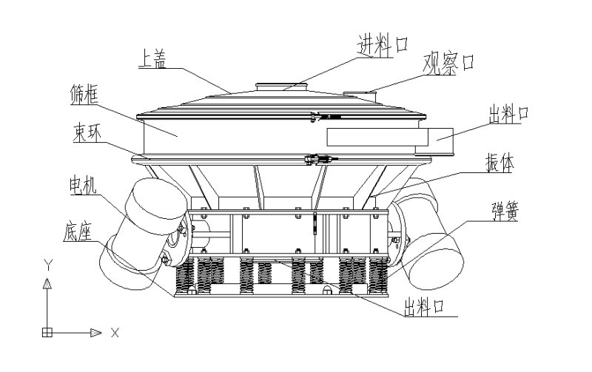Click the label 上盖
pyautogui.click(x=152, y=58)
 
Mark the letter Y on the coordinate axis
pyautogui.click(x=47, y=264)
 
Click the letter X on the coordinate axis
pyautogui.click(x=115, y=333)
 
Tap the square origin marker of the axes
pyautogui.click(x=47, y=333)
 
